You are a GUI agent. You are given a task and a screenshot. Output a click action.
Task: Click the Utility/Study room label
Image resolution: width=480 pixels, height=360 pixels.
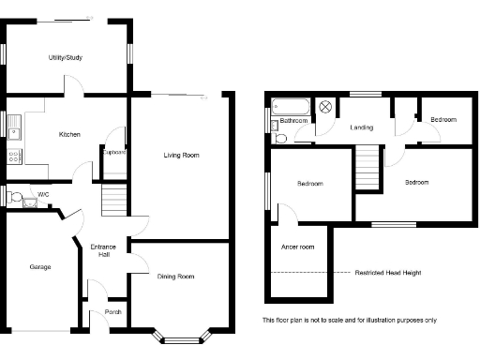(66, 58)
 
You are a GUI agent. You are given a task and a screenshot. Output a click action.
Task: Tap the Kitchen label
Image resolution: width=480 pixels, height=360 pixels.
(69, 134)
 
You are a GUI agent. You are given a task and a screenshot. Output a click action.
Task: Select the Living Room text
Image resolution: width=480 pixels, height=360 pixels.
(181, 155)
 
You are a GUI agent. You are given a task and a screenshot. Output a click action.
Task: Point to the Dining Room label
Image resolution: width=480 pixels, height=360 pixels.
(175, 276)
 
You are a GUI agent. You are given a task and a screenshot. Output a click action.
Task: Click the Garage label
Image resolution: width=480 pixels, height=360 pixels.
(39, 267)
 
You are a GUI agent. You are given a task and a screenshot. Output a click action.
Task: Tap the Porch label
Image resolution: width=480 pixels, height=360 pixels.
(112, 311)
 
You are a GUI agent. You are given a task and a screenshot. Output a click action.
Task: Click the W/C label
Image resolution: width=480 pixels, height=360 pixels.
(43, 195)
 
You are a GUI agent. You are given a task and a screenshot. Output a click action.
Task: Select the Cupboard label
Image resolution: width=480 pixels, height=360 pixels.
(114, 152)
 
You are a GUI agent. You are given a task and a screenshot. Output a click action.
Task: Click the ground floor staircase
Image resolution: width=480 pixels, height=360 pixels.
(112, 199)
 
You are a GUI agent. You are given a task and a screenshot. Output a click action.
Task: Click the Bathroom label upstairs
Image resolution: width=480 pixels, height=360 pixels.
(293, 121)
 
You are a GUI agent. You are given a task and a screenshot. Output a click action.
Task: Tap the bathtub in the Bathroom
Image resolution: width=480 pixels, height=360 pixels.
(290, 106)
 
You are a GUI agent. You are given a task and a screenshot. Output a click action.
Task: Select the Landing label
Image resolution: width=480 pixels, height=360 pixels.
(362, 127)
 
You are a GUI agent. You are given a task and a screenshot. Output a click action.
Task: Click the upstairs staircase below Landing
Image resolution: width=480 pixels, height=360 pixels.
(367, 168)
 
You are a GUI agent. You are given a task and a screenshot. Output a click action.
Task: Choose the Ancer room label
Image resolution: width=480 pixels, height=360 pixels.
(297, 247)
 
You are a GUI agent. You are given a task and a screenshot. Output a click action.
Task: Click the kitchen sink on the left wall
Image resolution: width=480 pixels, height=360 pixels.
(14, 123)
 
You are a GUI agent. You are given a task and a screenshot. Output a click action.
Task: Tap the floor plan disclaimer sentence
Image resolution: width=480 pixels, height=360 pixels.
(349, 320)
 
